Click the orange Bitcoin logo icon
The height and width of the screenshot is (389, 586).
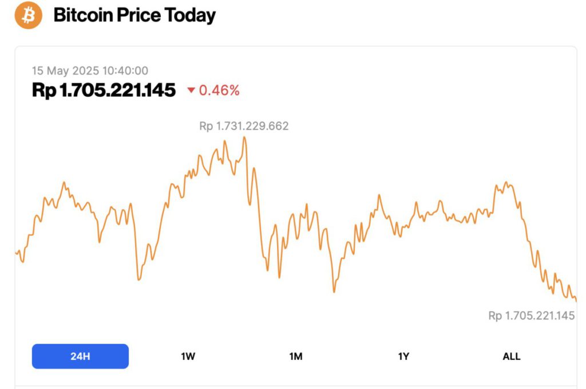[x=29, y=15]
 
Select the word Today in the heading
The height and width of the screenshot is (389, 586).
[x=189, y=15]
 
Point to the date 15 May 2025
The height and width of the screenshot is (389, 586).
[x=65, y=71]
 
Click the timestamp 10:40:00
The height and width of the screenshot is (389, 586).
[x=125, y=71]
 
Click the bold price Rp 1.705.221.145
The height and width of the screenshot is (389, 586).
[x=104, y=90]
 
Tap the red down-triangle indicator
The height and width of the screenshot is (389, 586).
[x=191, y=91]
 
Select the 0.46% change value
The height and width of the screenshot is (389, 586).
[x=219, y=90]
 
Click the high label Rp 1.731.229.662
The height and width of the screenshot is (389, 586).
[x=244, y=126]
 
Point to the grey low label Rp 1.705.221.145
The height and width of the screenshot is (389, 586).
[x=531, y=316]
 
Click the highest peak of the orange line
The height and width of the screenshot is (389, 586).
[x=244, y=137]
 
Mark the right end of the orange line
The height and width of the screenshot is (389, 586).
[x=576, y=300]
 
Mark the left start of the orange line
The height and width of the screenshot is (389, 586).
[x=16, y=252]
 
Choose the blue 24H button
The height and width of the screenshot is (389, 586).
[x=80, y=356]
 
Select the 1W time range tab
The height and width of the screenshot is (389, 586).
[x=188, y=356]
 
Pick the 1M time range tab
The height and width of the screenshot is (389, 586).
[x=296, y=356]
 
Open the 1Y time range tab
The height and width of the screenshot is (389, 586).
[x=403, y=356]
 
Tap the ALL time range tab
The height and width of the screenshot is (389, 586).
[x=511, y=356]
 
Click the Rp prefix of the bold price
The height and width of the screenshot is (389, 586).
[x=43, y=90]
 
